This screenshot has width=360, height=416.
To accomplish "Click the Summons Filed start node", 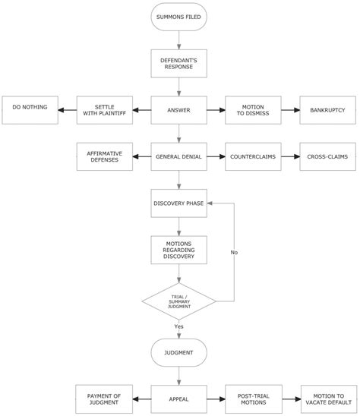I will tap(179, 17).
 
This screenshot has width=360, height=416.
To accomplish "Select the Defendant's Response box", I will tap(179, 62).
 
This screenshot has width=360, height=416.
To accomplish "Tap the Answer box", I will tap(179, 109).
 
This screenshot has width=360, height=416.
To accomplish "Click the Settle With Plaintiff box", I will tap(105, 109).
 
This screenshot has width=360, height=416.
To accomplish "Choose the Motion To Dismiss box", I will tap(253, 109).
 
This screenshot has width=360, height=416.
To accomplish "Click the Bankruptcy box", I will tap(327, 109).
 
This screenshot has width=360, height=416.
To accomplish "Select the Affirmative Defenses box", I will tap(105, 156).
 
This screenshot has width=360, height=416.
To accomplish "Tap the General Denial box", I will tap(179, 156).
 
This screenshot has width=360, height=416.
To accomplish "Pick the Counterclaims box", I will tap(253, 156).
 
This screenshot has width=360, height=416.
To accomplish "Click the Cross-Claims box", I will tap(327, 156).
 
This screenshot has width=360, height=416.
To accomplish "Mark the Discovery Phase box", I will tap(179, 203).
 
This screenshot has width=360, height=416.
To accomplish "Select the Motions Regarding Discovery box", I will tap(179, 251).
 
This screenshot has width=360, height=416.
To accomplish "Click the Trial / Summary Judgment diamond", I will tap(179, 302).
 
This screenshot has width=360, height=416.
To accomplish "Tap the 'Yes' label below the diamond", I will tap(179, 326).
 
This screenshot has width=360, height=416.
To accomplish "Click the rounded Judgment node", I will tap(179, 352).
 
